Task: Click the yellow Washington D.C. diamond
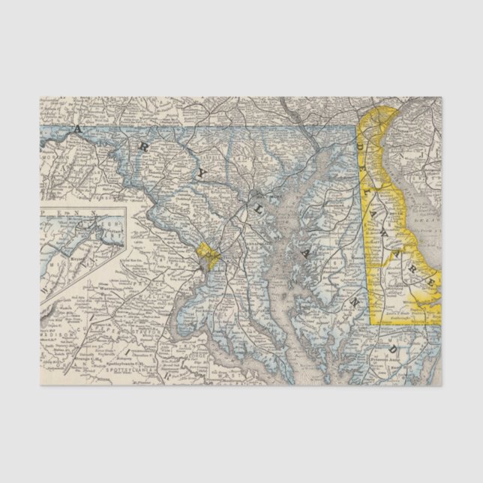coord(208,256)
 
